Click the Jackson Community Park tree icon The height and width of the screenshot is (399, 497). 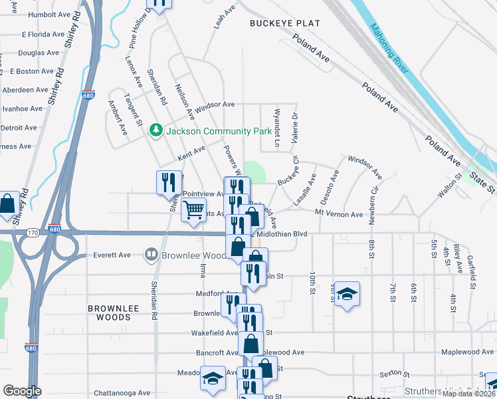click(156, 129)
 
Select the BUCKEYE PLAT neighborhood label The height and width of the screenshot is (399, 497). click(285, 23)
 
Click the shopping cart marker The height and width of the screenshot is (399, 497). click(193, 210)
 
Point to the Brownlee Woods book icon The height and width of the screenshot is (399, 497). click(151, 255)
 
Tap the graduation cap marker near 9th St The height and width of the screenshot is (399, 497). click(346, 294)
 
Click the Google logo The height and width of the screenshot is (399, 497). click(22, 391)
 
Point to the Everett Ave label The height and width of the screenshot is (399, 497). click(112, 255)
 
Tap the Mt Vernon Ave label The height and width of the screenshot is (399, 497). click(339, 214)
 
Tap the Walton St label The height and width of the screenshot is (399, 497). click(449, 186)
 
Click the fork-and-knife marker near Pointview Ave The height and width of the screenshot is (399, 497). click(168, 182)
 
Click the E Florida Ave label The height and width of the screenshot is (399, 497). click(46, 34)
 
